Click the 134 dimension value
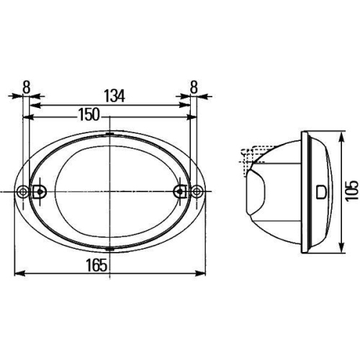pos(111,94)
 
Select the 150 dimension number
pos(90,113)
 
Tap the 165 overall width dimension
pos(100,264)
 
